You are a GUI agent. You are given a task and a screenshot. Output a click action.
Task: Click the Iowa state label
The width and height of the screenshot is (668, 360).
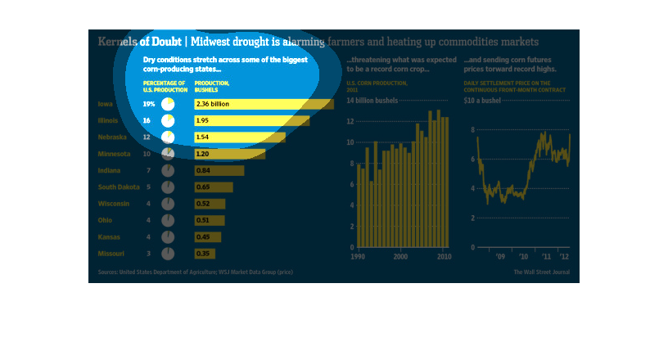pyautogui.click(x=105, y=104)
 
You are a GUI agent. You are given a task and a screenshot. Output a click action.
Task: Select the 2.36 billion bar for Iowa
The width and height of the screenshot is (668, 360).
pyautogui.click(x=263, y=104)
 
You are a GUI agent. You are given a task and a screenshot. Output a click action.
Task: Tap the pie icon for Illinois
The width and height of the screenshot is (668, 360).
pyautogui.click(x=168, y=121)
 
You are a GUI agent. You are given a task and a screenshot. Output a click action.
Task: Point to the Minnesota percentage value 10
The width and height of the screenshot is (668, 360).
pyautogui.click(x=147, y=154)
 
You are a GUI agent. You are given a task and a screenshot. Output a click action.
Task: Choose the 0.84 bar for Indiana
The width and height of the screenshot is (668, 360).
pyautogui.click(x=219, y=170)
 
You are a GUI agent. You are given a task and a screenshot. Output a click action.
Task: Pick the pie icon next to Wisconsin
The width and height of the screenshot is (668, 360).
pyautogui.click(x=168, y=204)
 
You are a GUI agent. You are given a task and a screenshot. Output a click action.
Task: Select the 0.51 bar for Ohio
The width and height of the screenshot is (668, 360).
pyautogui.click(x=210, y=220)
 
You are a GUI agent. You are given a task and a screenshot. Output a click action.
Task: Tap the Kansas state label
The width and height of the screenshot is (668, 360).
pyautogui.click(x=109, y=236)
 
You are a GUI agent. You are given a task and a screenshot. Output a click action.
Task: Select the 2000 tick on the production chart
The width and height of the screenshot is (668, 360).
pyautogui.click(x=400, y=257)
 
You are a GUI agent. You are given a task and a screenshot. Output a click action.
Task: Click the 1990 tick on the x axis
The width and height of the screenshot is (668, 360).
pyautogui.click(x=357, y=257)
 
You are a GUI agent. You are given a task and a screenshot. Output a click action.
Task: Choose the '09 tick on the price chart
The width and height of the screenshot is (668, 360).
pyautogui.click(x=502, y=257)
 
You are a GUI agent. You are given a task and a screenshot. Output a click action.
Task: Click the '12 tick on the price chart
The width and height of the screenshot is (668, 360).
pyautogui.click(x=563, y=257)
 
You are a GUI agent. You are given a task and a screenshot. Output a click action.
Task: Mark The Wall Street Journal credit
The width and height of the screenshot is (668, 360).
pyautogui.click(x=542, y=272)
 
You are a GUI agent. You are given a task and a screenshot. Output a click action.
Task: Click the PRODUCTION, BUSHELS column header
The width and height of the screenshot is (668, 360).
pyautogui.click(x=211, y=86)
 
